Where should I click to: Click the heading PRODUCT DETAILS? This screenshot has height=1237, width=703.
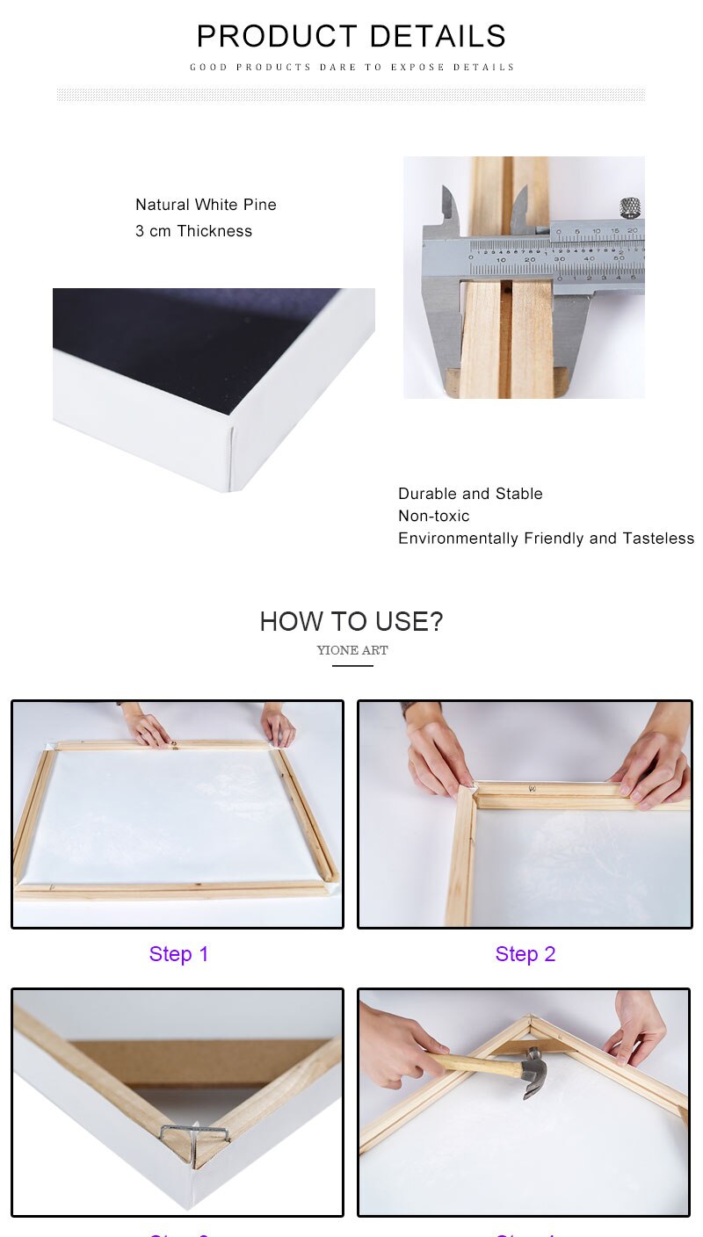pyautogui.click(x=351, y=37)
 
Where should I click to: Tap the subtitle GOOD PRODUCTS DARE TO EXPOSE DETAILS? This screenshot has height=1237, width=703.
pyautogui.click(x=351, y=67)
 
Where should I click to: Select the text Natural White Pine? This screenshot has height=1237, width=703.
pyautogui.click(x=206, y=205)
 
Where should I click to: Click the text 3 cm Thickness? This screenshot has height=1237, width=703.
pyautogui.click(x=193, y=231)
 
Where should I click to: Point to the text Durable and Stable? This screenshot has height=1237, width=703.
pyautogui.click(x=470, y=494)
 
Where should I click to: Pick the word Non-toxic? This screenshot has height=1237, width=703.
pyautogui.click(x=433, y=516)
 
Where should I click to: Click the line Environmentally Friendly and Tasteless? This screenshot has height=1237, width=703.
pyautogui.click(x=546, y=539)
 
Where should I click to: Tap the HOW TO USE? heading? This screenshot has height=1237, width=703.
pyautogui.click(x=351, y=622)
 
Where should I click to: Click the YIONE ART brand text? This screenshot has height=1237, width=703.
pyautogui.click(x=352, y=651)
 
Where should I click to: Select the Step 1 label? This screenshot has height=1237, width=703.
pyautogui.click(x=178, y=954)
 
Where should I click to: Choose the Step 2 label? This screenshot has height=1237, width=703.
pyautogui.click(x=525, y=954)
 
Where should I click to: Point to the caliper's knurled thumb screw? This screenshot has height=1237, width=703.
pyautogui.click(x=629, y=208)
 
